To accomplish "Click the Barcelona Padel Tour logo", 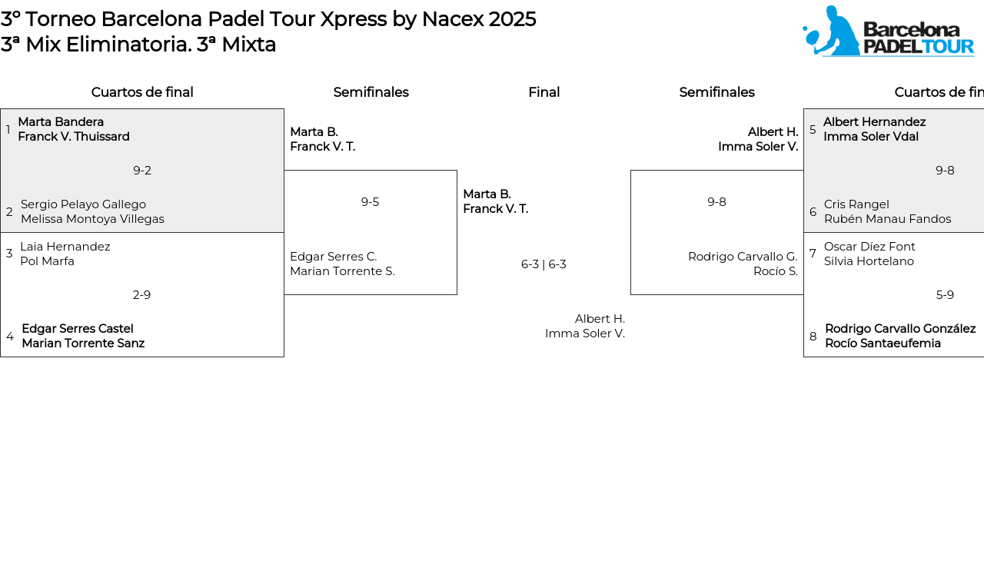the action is (x=888, y=31).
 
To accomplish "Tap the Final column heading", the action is (x=544, y=92).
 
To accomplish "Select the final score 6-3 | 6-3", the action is (x=544, y=264).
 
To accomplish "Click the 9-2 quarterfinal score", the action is (x=142, y=171).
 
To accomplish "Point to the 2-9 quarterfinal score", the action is (x=141, y=295).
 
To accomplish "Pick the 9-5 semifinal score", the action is (x=370, y=202).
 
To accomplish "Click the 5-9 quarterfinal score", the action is (x=945, y=295).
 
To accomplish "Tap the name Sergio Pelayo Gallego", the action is (x=84, y=204).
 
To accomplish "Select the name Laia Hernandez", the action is (x=65, y=247).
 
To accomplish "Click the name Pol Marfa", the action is (x=47, y=261).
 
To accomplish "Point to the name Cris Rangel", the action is (x=856, y=204).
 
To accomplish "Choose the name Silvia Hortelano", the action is (x=869, y=261).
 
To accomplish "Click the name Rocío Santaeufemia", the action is (x=883, y=344).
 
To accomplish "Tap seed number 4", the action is (x=10, y=337).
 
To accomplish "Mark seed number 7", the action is (x=813, y=254).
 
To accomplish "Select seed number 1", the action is (x=8, y=130).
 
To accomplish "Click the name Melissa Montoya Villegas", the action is (x=92, y=219).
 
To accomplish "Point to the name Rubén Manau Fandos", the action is (x=887, y=219).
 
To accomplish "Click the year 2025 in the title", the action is (x=512, y=19).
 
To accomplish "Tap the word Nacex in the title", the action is (x=453, y=19).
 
